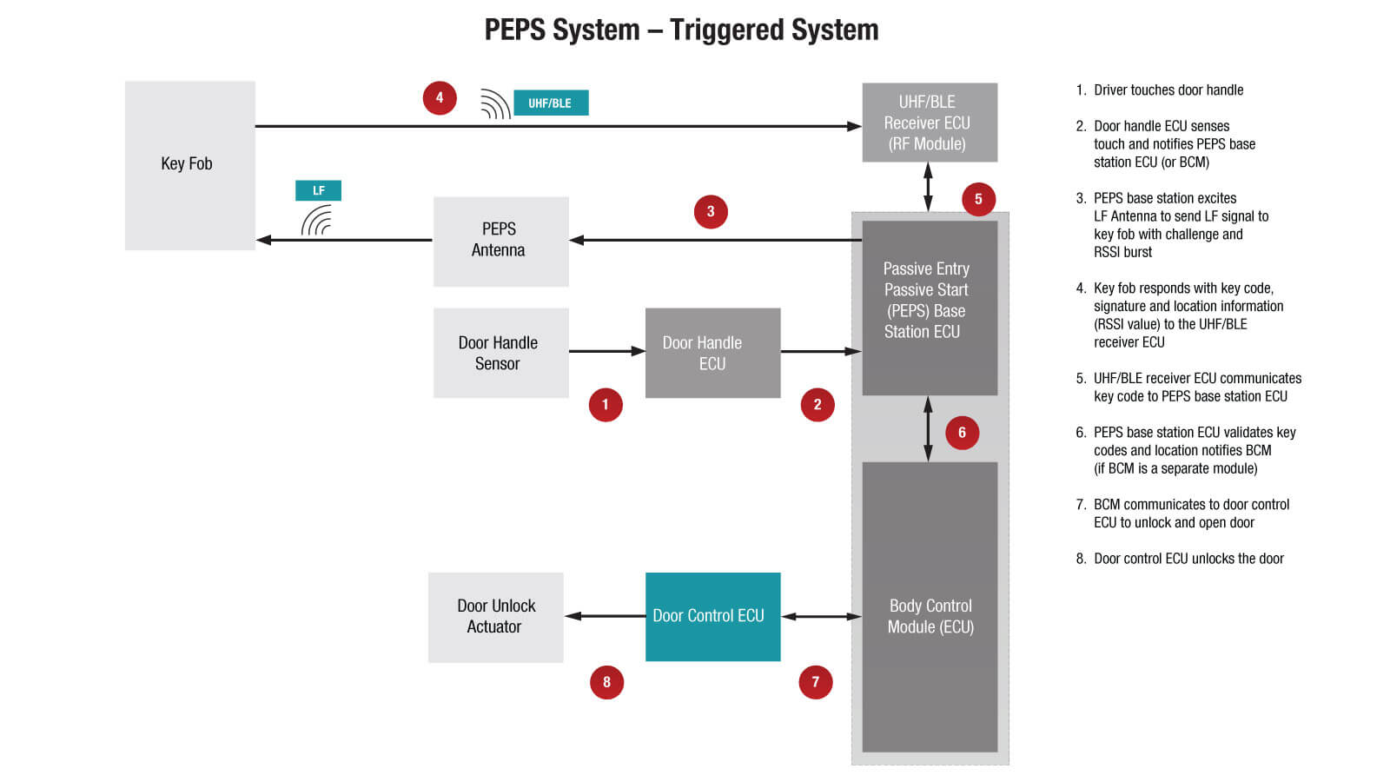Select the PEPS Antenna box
pos(500,241)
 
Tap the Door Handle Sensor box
pos(500,353)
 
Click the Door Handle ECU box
pos(712,353)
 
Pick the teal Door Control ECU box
pos(712,616)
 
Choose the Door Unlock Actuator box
pos(495,617)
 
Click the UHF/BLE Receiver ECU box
pos(929,123)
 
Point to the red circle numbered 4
pos(440,97)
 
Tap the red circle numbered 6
pos(962,432)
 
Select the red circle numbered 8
pos(606,682)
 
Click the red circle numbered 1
pos(606,405)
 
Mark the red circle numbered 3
pos(711,211)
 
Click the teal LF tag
pos(318,190)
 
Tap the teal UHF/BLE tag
pos(551,103)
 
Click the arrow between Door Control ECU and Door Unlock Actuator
pos(605,616)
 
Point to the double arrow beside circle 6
pos(928,428)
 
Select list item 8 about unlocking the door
pos(1187,559)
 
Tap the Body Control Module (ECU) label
pos(930,616)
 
